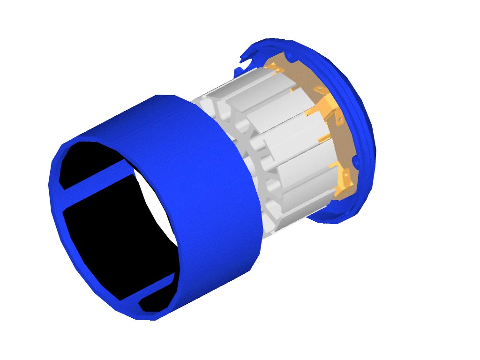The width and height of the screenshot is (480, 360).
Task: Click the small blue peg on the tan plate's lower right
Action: pos(355,162)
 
